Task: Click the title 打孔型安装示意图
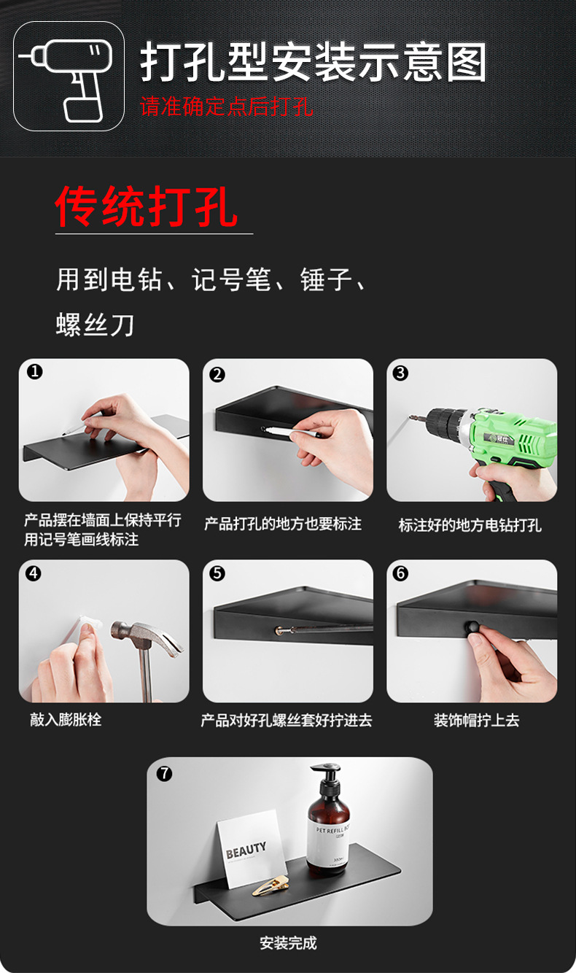point(313,63)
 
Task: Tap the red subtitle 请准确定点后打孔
point(227,106)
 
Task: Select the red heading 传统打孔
point(147,206)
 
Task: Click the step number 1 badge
point(34,372)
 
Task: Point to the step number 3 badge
point(400,373)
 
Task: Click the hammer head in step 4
point(146,633)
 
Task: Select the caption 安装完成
point(288,943)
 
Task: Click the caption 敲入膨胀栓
point(66,720)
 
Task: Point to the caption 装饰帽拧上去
point(476,721)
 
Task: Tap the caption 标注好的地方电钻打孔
point(470,525)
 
